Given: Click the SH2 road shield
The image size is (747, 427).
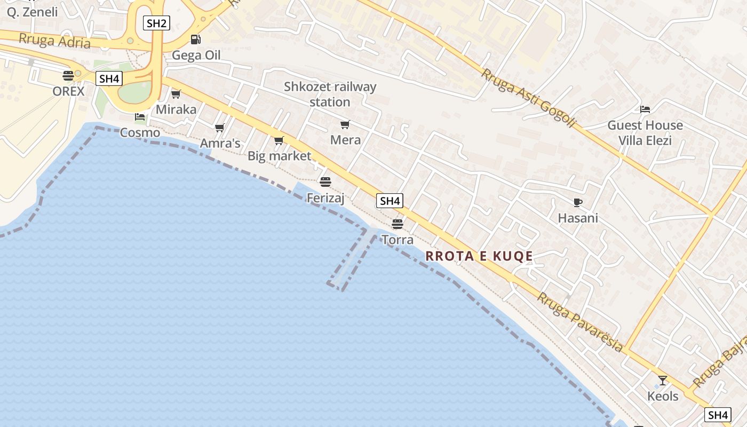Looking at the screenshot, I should [x=156, y=22].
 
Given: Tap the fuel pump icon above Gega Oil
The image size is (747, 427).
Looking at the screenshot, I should [x=196, y=39].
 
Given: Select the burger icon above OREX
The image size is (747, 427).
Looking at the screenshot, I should [x=68, y=75].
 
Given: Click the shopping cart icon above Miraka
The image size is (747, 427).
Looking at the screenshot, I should [x=176, y=94].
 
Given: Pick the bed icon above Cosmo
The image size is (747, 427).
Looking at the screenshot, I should [x=140, y=116].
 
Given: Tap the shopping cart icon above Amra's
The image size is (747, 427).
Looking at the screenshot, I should [x=219, y=128].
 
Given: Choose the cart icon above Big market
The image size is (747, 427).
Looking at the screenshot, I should [x=279, y=140].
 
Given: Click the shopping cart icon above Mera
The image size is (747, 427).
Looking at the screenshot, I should [x=345, y=124].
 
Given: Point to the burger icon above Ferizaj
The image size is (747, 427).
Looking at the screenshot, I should [x=325, y=182].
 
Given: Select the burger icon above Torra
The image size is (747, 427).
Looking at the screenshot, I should [x=398, y=223].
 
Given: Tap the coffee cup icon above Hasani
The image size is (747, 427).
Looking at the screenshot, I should [x=577, y=202].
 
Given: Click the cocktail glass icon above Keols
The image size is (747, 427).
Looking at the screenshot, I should [x=663, y=380].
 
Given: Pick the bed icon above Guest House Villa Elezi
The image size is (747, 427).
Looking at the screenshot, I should [x=645, y=109].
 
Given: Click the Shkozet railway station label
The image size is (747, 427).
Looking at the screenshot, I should [x=330, y=94].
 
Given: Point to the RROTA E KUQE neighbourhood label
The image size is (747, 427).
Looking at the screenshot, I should [x=479, y=256].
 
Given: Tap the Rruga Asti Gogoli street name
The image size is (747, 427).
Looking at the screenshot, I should [x=528, y=98].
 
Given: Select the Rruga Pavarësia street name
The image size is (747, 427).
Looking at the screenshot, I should [x=579, y=322].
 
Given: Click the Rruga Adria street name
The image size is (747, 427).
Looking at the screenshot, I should [x=54, y=41].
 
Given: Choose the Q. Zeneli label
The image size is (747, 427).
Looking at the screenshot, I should [x=32, y=12].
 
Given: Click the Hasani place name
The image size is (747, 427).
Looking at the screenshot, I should [x=578, y=218].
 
